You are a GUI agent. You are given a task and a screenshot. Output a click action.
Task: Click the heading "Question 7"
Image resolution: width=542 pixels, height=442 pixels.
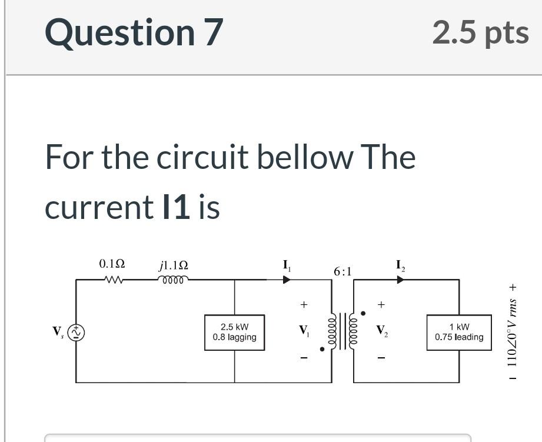click(x=134, y=32)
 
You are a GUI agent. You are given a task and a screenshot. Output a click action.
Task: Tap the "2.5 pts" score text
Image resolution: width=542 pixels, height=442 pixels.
click(x=480, y=32)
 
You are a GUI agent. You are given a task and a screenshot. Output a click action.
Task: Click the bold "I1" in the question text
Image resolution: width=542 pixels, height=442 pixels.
click(x=175, y=207)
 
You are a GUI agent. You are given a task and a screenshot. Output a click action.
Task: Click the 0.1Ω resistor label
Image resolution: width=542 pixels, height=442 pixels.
click(x=112, y=264)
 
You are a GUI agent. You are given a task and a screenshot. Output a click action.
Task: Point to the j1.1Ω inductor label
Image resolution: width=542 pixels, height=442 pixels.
click(x=174, y=265)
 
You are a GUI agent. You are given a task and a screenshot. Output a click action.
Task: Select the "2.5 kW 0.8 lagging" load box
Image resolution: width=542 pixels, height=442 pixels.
click(x=234, y=333)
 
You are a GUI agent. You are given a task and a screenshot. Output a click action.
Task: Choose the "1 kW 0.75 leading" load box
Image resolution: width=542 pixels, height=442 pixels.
click(x=459, y=333)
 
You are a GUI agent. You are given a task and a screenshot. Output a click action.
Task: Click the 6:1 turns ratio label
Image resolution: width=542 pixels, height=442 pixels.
click(x=342, y=271)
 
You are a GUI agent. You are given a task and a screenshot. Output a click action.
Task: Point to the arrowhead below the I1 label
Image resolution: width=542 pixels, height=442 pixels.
click(x=287, y=280)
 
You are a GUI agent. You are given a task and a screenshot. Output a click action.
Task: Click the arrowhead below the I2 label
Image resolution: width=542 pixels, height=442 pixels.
click(x=400, y=280)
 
